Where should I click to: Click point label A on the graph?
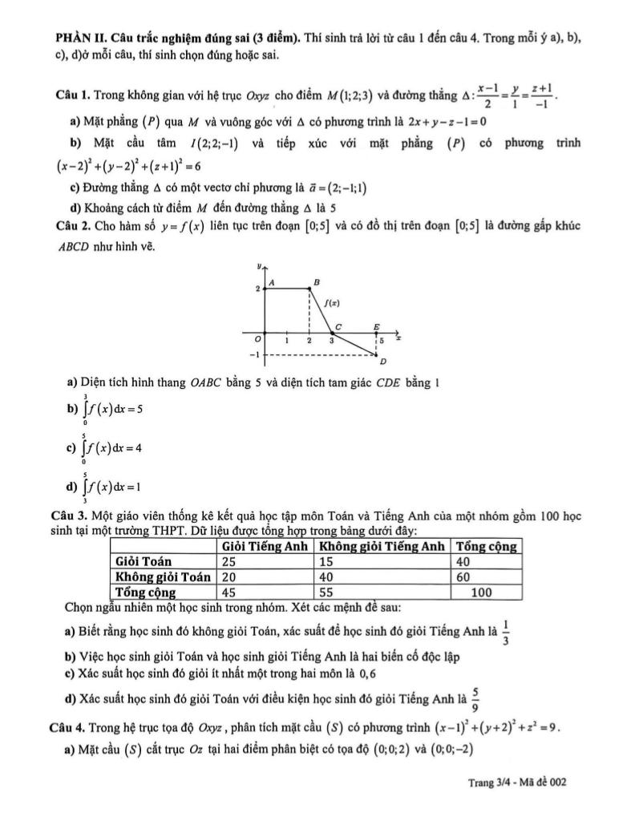[x=272, y=283]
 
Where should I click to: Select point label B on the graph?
[x=316, y=282]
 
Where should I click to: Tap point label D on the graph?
[x=382, y=362]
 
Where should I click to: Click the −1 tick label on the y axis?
[x=254, y=354]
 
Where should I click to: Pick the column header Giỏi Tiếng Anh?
[x=265, y=547]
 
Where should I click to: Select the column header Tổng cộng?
[x=487, y=547]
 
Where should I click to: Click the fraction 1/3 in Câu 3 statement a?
[x=505, y=633]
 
